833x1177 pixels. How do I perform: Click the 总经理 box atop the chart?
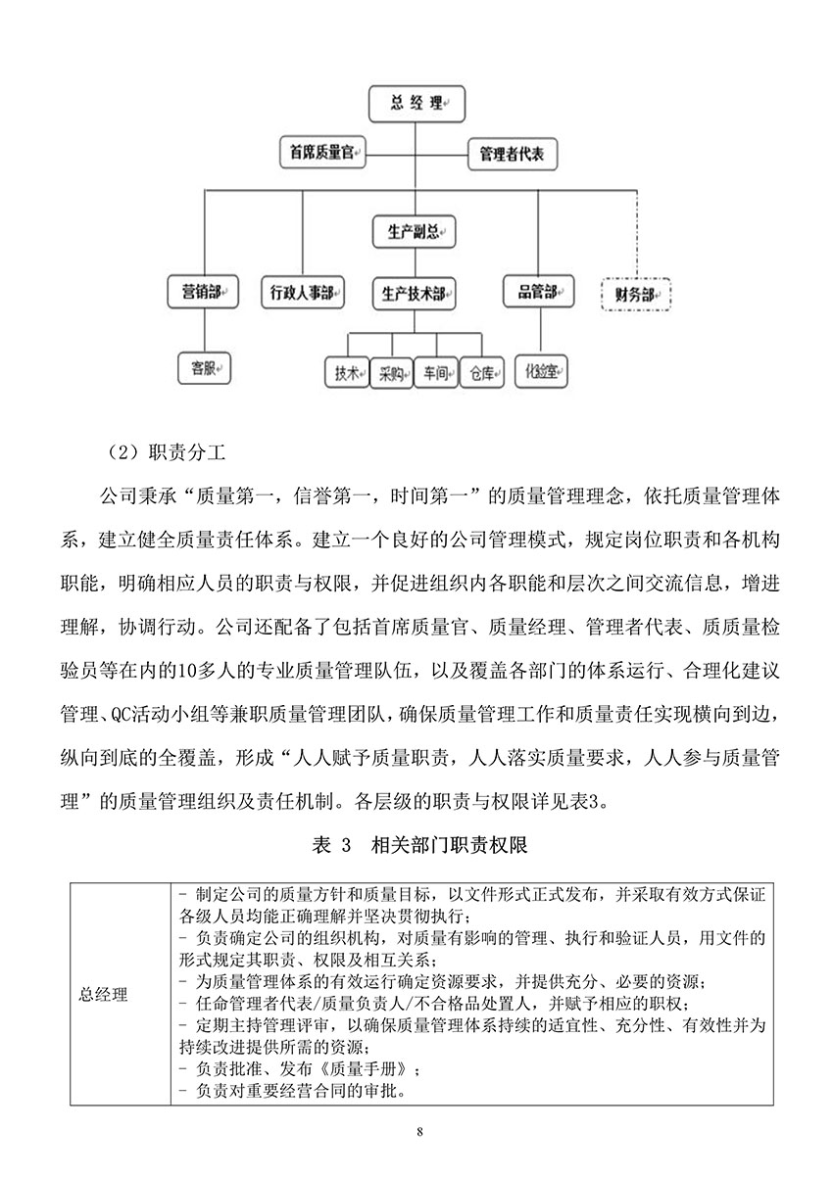coord(416,104)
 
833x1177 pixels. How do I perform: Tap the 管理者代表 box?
coord(512,154)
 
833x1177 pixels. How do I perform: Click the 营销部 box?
coord(205,292)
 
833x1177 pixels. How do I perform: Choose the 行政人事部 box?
coord(302,292)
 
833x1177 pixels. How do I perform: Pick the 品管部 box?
coord(538,291)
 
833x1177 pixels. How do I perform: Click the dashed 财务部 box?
coord(635,293)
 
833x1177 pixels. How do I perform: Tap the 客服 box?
coord(205,369)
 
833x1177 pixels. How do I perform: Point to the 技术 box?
coord(345,373)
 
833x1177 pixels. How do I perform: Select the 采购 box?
coord(391,373)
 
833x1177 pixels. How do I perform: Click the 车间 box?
coord(436,373)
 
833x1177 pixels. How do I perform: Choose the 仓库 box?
coord(482,373)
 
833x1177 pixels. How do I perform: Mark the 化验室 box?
coord(541,372)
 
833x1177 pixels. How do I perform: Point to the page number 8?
coord(418,1133)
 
